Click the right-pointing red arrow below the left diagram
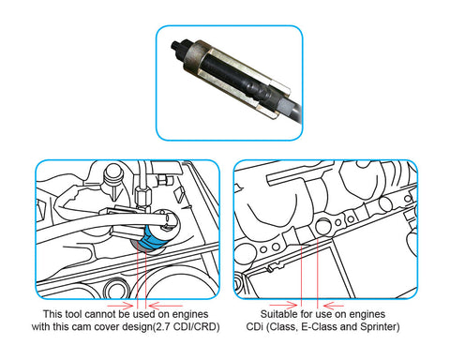tap(120, 305)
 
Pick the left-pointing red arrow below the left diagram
tap(166, 306)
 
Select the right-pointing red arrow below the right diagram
tap(283, 305)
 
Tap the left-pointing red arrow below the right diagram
tap(334, 306)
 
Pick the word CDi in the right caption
tap(255, 327)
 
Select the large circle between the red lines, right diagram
tap(322, 226)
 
